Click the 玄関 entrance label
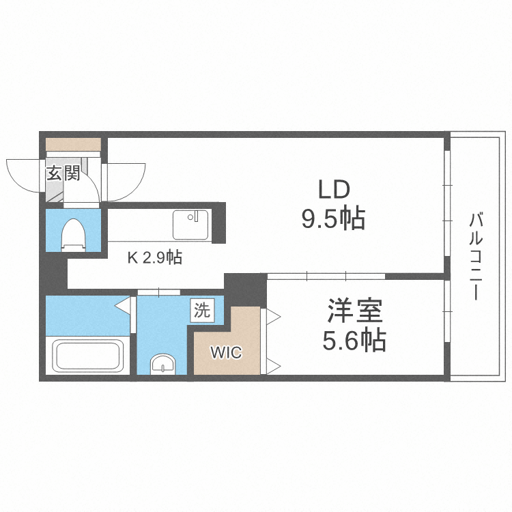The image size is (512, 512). [x=63, y=173]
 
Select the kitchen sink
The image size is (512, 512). [x=193, y=225]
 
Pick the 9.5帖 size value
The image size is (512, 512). [x=332, y=219]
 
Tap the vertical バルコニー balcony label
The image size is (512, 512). [x=476, y=257]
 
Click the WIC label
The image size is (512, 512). [x=225, y=353]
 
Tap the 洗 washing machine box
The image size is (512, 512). [x=202, y=311]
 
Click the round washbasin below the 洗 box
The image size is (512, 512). [x=162, y=365]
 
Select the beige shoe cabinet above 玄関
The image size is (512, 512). [x=73, y=145]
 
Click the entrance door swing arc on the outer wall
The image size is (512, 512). [x=23, y=174]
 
